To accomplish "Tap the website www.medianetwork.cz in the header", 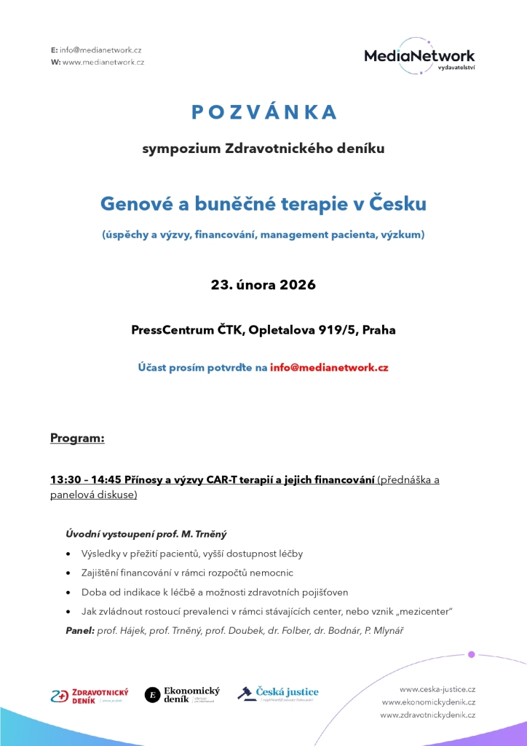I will (103, 62).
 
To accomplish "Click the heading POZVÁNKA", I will (263, 111).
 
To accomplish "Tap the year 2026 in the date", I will (298, 284).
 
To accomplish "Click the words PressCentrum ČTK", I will (188, 329).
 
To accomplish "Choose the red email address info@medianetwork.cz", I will (329, 367).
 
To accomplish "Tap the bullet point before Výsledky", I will (68, 554).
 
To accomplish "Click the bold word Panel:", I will (80, 629).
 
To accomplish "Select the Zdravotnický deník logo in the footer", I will (90, 695).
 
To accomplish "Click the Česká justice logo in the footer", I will (279, 694).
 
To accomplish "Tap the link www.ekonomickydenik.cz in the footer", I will (428, 702).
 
